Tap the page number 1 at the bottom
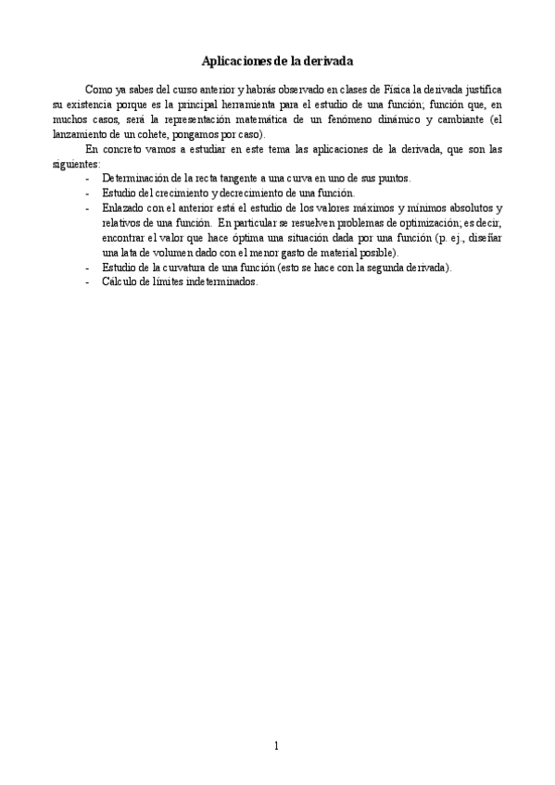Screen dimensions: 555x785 coord(277,745)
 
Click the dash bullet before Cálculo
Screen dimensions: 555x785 coord(88,282)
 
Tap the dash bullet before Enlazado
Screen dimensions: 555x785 coord(88,207)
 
